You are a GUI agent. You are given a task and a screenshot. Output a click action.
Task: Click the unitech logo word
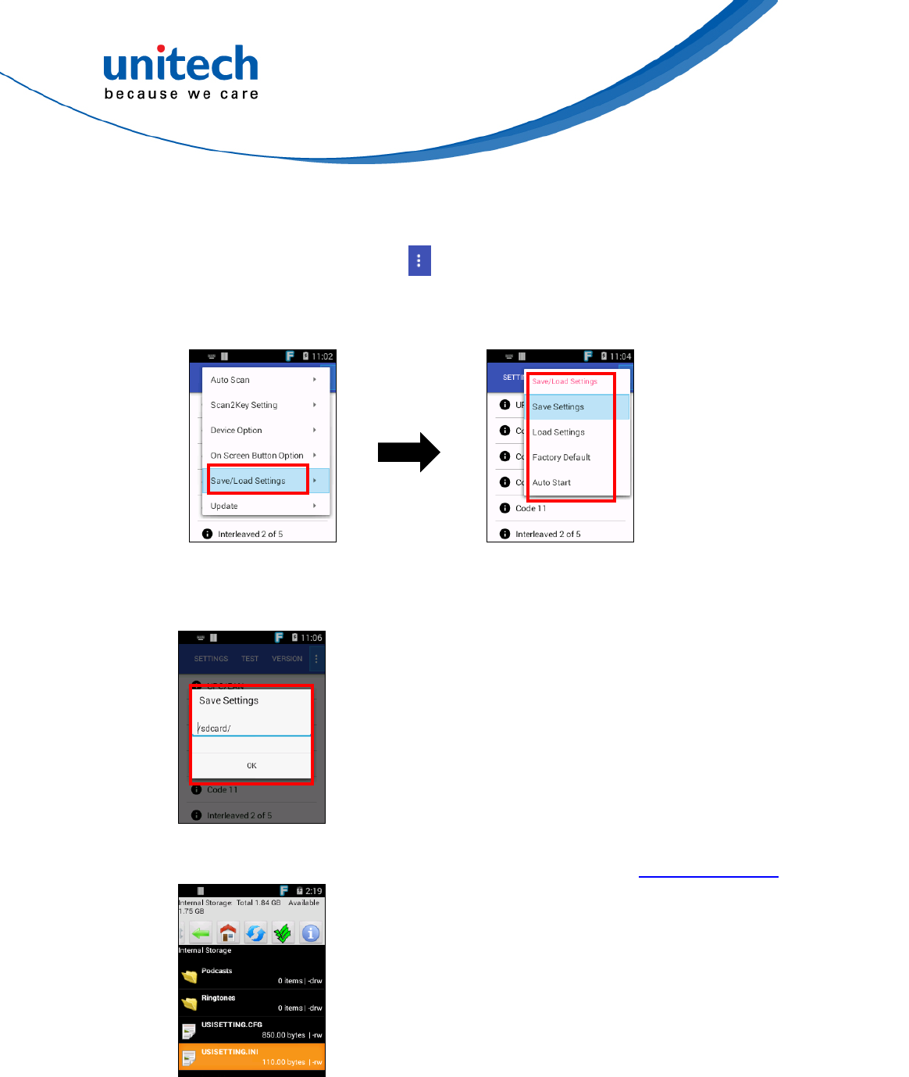180,64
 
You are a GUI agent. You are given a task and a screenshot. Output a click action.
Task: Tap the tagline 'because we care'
181,94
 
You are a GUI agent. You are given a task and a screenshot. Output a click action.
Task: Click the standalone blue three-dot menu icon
419,261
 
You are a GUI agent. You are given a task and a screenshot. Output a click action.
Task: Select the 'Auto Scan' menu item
230,380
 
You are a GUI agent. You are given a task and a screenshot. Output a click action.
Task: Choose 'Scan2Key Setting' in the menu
244,405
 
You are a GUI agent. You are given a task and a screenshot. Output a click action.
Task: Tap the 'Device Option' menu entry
236,430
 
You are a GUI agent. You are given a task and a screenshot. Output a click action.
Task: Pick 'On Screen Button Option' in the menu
257,456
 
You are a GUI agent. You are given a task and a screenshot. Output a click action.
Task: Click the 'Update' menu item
224,506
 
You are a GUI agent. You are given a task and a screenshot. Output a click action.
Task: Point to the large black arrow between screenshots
409,452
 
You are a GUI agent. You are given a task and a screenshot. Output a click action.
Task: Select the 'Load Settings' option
558,432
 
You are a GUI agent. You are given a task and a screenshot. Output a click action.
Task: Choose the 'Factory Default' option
561,457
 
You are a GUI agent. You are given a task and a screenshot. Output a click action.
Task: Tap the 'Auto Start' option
551,482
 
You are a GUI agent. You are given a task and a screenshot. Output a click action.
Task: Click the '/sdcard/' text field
251,728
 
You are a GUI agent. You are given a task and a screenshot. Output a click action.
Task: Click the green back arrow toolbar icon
201,933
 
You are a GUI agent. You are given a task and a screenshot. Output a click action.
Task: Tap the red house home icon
228,933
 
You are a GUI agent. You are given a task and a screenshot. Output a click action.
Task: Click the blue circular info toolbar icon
310,933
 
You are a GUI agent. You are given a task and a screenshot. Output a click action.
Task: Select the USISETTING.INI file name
230,1052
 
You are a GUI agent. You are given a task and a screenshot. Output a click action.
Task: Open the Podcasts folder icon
189,976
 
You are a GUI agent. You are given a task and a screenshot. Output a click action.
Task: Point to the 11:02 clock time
323,356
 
